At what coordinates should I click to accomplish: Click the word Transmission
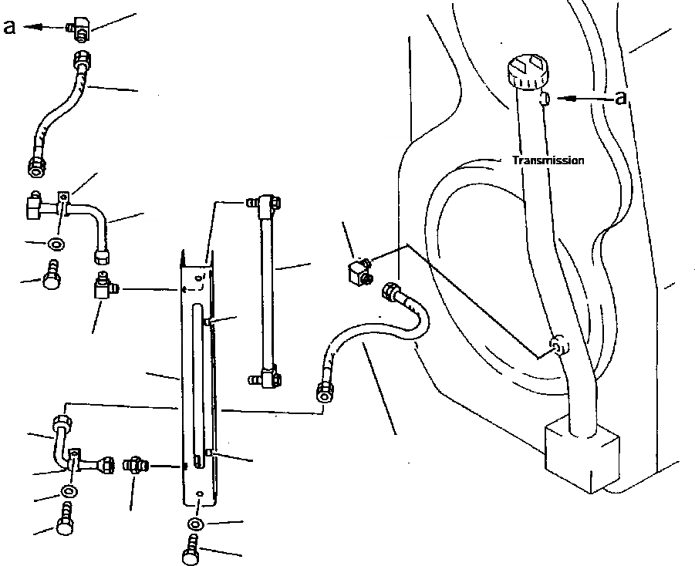point(548,160)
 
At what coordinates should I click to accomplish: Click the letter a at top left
point(10,26)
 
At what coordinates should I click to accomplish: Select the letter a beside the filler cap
point(622,97)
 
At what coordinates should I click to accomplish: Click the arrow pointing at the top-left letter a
point(42,26)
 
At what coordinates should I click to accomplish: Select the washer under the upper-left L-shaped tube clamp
point(55,244)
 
